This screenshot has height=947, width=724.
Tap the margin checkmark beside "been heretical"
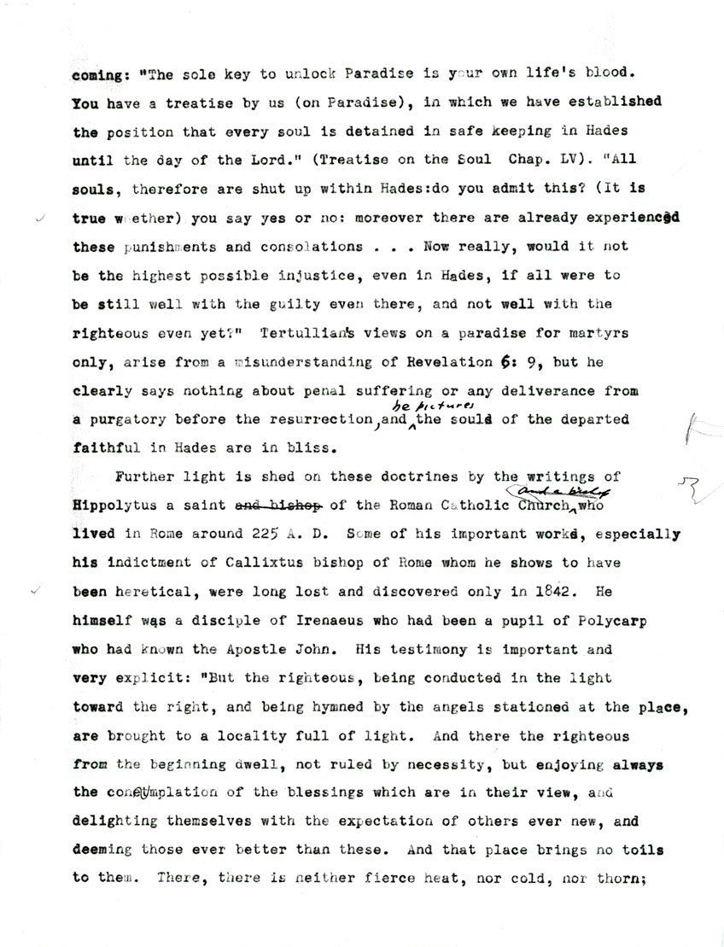[35, 590]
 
